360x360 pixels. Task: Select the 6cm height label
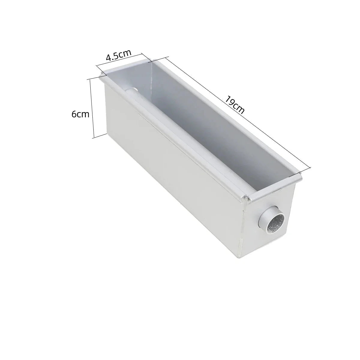pos(80,114)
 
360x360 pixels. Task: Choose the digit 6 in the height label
pos(74,114)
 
